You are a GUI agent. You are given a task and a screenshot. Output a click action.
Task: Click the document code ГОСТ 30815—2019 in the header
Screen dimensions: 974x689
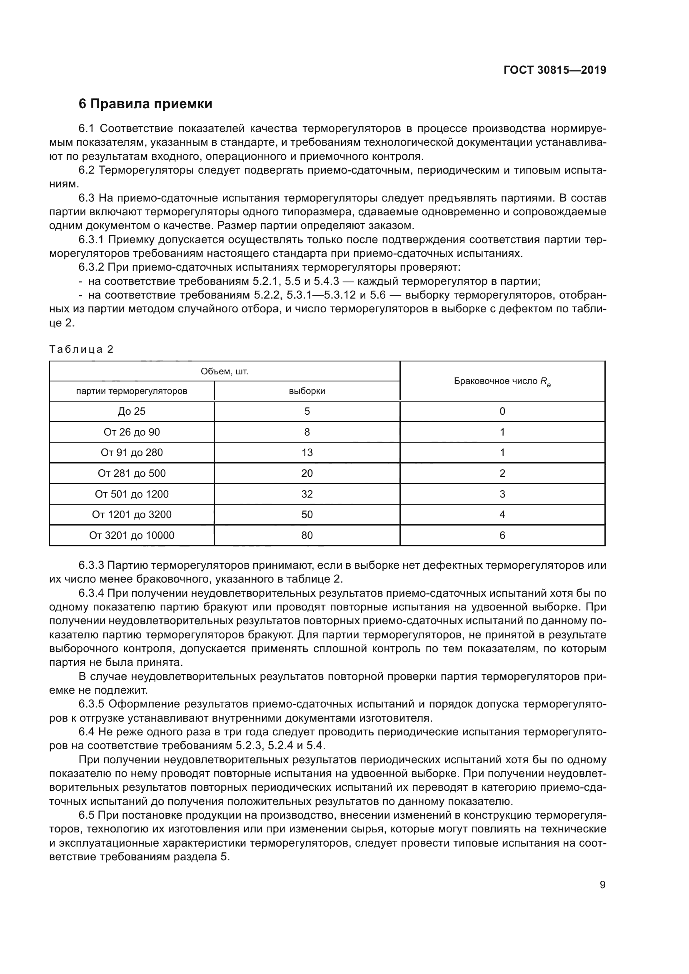click(x=554, y=70)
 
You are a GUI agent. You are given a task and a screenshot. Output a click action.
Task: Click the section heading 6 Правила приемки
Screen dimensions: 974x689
click(x=145, y=104)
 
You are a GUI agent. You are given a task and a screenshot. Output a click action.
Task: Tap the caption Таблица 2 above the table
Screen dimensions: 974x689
click(x=82, y=349)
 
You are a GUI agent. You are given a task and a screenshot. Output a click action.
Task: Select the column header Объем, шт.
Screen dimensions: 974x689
click(x=224, y=371)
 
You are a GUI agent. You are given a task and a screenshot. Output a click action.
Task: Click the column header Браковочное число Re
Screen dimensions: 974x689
click(x=502, y=381)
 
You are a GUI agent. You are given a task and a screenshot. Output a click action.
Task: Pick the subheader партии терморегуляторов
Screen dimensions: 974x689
click(x=132, y=391)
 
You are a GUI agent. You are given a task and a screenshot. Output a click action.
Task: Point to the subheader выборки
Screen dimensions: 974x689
click(x=307, y=391)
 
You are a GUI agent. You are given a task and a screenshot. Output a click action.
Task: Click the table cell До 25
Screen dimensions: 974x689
click(x=132, y=411)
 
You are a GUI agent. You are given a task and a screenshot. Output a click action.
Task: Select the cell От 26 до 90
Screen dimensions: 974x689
click(x=132, y=432)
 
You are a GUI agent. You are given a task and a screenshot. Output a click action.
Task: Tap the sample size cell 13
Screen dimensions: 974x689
click(x=307, y=452)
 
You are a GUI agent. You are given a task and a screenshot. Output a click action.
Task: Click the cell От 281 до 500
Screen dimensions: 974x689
click(x=132, y=473)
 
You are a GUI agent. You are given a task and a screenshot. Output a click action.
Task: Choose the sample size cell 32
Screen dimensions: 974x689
click(x=307, y=494)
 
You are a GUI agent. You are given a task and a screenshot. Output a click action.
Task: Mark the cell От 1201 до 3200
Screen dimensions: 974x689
click(x=132, y=514)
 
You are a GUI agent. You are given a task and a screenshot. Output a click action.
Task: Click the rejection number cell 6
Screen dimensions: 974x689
click(x=502, y=535)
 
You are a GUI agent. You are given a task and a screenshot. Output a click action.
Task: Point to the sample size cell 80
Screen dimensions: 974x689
click(x=307, y=535)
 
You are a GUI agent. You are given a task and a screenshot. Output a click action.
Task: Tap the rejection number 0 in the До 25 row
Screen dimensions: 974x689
click(x=502, y=411)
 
